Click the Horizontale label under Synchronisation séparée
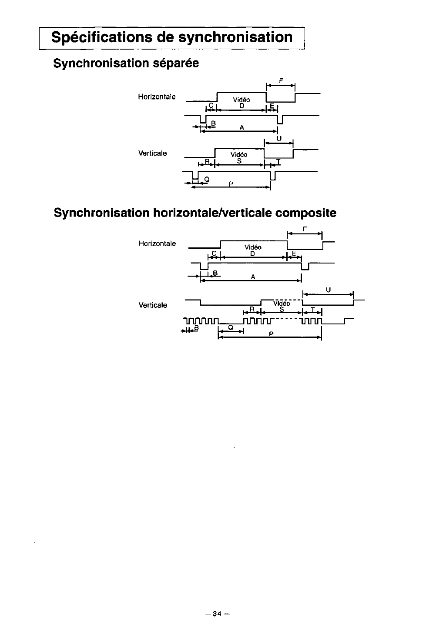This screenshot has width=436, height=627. [x=157, y=97]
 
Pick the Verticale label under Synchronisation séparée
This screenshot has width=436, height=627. [x=152, y=153]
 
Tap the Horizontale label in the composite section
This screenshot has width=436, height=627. [x=157, y=243]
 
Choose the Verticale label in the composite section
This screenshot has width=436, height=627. [x=152, y=305]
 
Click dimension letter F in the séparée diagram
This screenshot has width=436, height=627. [x=281, y=80]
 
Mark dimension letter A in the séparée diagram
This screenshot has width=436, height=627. [x=241, y=127]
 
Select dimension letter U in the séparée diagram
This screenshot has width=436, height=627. [x=279, y=139]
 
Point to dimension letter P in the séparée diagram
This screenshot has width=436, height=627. [x=231, y=184]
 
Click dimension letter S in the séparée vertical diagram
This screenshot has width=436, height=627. [x=239, y=161]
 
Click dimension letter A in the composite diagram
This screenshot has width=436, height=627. [x=253, y=277]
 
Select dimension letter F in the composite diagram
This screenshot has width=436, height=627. [x=305, y=229]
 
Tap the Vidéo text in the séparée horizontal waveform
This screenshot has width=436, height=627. [x=241, y=100]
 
